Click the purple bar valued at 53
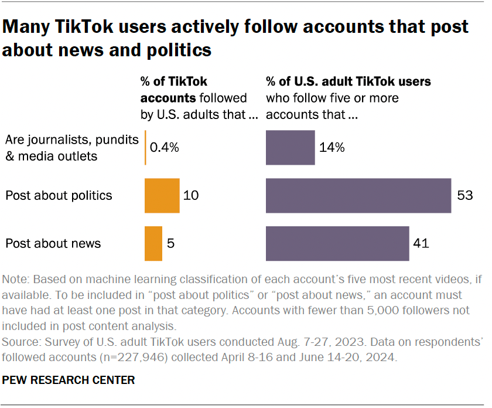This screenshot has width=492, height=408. click(358, 195)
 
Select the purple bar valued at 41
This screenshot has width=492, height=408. click(337, 243)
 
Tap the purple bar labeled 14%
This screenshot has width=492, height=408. click(290, 148)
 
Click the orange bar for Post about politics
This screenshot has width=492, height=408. click(162, 195)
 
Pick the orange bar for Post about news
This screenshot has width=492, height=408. click(153, 243)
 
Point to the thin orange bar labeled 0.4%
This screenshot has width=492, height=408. click(145, 148)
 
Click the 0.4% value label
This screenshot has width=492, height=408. click(165, 148)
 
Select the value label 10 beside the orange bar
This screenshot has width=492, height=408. click(191, 195)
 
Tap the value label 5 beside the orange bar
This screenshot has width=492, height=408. click(172, 243)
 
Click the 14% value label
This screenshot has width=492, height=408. click(332, 148)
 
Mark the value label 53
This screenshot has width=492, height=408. click(465, 195)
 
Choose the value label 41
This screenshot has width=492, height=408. click(422, 243)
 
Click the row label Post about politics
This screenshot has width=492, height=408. click(59, 195)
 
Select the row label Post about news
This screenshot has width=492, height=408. click(53, 243)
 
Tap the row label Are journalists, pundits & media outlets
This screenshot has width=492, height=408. click(71, 148)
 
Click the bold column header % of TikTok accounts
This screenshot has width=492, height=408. click(174, 90)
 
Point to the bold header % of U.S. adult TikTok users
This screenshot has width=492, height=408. click(348, 82)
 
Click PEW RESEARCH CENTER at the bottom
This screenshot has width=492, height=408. click(69, 380)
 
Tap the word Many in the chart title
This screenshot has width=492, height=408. click(30, 27)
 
